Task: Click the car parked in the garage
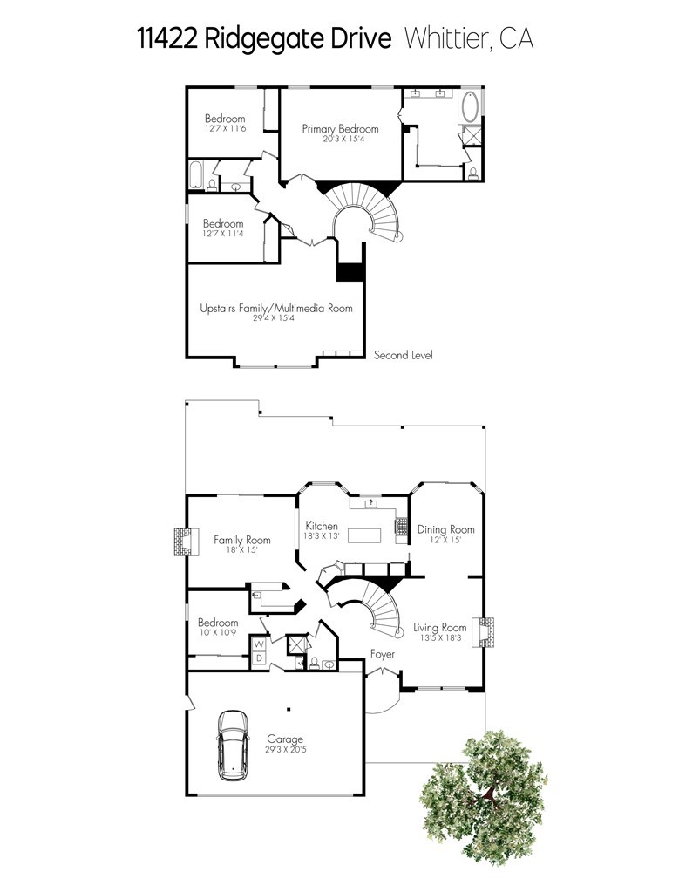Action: point(233,744)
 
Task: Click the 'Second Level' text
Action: point(403,355)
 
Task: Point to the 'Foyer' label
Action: point(383,654)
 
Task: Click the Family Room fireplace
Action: point(181,542)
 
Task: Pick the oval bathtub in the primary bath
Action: point(471,107)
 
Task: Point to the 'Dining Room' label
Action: point(445,529)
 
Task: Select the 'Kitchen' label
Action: point(321,526)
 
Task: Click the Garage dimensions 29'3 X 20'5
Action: point(284,750)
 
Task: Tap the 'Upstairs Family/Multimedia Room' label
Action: point(276,308)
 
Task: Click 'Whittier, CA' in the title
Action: point(469,39)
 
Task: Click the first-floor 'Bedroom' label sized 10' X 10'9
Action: point(217,623)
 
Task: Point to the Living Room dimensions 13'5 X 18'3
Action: point(439,637)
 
